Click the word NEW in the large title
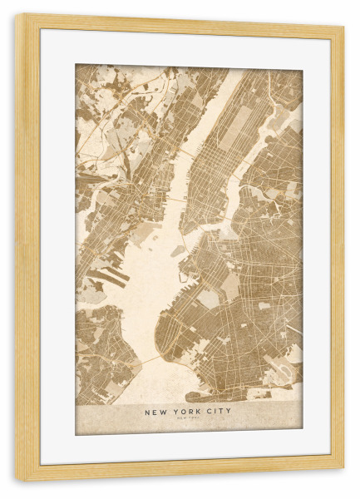click(x=155, y=411)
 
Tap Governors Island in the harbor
click(x=178, y=250)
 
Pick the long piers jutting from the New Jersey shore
click(x=106, y=277)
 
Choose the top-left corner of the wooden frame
click(x=19, y=17)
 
